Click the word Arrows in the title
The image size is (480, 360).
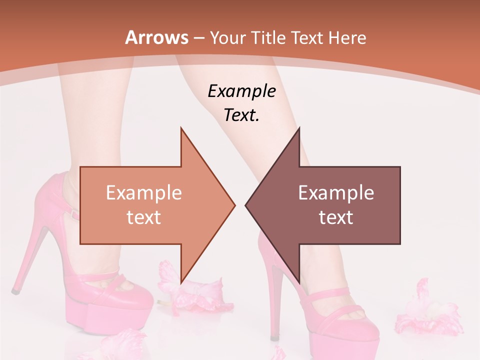pyautogui.click(x=157, y=37)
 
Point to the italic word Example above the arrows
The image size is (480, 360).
pyautogui.click(x=241, y=91)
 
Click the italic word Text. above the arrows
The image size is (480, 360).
pyautogui.click(x=241, y=115)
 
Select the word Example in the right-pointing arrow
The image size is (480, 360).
pyautogui.click(x=144, y=192)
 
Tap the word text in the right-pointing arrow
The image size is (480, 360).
pyautogui.click(x=144, y=217)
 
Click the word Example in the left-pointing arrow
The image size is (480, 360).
pyautogui.click(x=336, y=192)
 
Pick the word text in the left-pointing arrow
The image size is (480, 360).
pyautogui.click(x=336, y=217)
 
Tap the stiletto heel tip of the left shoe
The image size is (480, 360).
pyautogui.click(x=15, y=290)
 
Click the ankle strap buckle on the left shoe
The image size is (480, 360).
pyautogui.click(x=74, y=215)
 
